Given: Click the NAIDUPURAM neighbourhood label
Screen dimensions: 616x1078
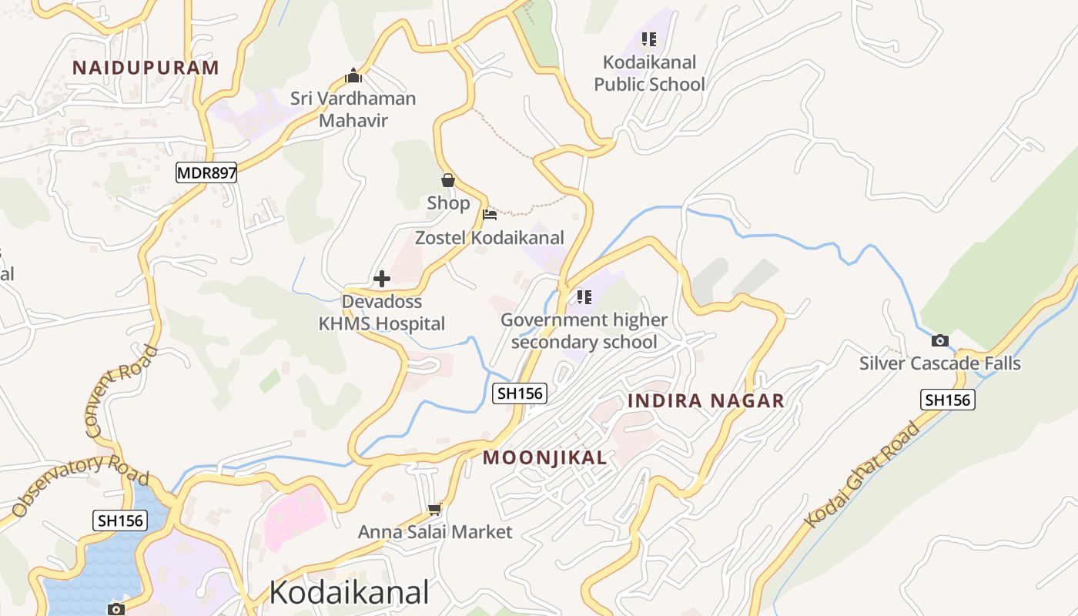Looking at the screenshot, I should click(146, 68).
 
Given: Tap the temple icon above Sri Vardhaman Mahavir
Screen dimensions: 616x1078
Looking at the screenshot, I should click(353, 76).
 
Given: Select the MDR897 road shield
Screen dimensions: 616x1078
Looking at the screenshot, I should click(206, 173).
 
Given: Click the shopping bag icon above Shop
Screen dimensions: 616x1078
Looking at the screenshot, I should click(448, 181).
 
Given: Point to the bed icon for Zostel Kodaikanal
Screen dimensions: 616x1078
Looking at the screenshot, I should click(490, 215).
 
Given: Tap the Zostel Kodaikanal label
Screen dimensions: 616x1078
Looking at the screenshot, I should click(490, 238).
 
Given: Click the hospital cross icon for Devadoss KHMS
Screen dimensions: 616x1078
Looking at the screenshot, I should click(382, 279).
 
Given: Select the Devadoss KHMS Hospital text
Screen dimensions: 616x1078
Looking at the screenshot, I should click(382, 313).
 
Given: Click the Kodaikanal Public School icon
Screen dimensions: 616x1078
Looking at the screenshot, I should click(649, 39).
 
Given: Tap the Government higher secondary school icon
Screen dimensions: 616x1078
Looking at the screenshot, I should click(584, 297).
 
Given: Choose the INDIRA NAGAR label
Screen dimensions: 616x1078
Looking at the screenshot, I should click(706, 401).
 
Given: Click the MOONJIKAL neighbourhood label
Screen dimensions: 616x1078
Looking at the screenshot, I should click(544, 458).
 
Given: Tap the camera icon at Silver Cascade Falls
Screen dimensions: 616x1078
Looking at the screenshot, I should click(939, 341).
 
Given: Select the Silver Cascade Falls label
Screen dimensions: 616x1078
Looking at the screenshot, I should click(939, 363).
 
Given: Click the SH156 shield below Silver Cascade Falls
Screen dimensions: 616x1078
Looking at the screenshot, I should click(947, 400).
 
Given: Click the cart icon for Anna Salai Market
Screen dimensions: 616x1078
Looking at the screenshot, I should click(435, 509).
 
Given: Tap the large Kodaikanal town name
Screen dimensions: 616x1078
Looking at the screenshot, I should click(349, 593).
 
